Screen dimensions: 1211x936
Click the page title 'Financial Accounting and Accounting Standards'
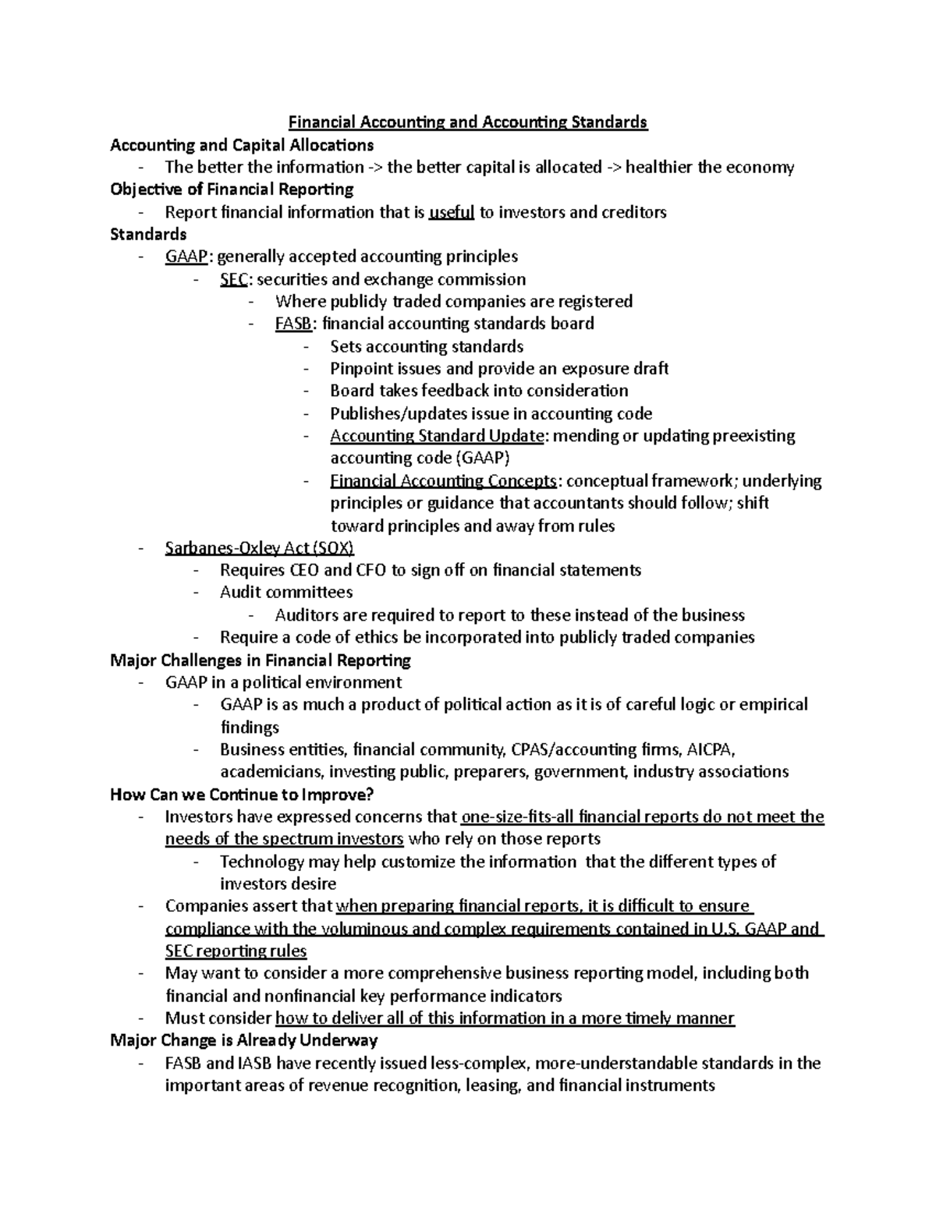point(468,122)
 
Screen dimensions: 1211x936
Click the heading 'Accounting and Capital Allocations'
point(242,145)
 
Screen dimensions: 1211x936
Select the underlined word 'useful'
point(452,212)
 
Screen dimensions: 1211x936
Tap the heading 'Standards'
point(148,234)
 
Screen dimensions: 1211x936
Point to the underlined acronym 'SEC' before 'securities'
point(233,279)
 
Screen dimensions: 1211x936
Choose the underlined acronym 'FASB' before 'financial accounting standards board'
point(293,324)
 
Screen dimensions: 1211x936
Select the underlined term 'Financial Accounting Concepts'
point(443,480)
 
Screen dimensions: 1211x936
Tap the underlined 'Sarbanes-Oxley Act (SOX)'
point(259,548)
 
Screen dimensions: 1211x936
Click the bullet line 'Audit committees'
point(286,593)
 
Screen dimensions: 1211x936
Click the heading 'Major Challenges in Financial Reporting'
point(261,660)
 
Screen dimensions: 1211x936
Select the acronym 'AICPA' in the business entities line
point(711,750)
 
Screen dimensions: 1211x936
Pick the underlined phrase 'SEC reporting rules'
point(236,951)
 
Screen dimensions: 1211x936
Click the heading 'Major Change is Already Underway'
point(244,1040)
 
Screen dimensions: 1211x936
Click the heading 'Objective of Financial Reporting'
point(232,189)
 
